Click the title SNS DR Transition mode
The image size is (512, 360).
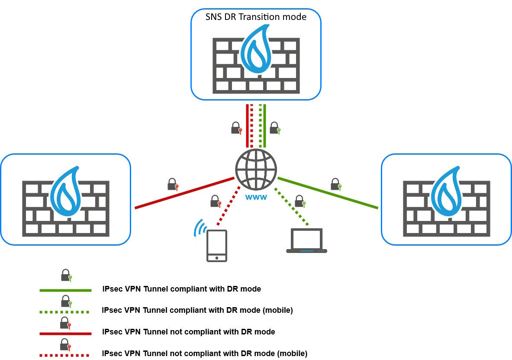click(256, 17)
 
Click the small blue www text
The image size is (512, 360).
click(256, 197)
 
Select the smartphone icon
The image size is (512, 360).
click(216, 246)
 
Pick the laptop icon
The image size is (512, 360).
click(306, 241)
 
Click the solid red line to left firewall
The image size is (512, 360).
click(184, 193)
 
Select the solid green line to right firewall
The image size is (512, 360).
click(327, 193)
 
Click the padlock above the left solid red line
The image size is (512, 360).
click(173, 184)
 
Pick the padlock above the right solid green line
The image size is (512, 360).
click(336, 184)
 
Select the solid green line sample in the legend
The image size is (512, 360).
click(65, 290)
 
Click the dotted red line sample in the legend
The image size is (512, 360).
click(64, 355)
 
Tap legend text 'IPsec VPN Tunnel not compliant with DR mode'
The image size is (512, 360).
click(188, 332)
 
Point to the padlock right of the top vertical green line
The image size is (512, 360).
click(275, 128)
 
